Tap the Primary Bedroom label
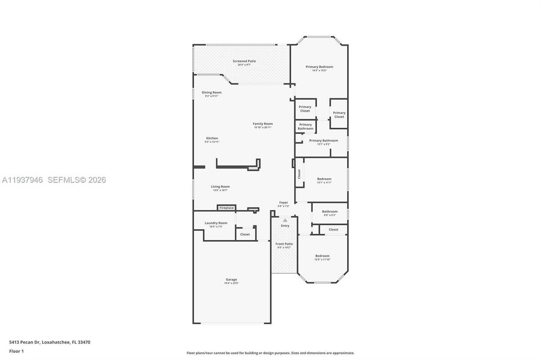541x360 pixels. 319,67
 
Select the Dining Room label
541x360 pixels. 211,93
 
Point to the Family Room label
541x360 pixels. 262,124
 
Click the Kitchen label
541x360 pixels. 212,139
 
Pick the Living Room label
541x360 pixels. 220,187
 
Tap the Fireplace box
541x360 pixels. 226,208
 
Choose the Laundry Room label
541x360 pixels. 216,223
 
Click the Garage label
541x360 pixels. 231,280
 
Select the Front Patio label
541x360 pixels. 283,244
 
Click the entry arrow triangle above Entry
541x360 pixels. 285,220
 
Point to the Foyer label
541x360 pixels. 283,203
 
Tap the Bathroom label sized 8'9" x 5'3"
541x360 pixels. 329,212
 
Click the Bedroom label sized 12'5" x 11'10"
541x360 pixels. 322,257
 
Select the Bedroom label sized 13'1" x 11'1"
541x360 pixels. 324,179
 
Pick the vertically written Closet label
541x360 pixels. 299,174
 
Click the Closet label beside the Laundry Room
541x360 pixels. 244,235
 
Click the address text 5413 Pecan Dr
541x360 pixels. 49,341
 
